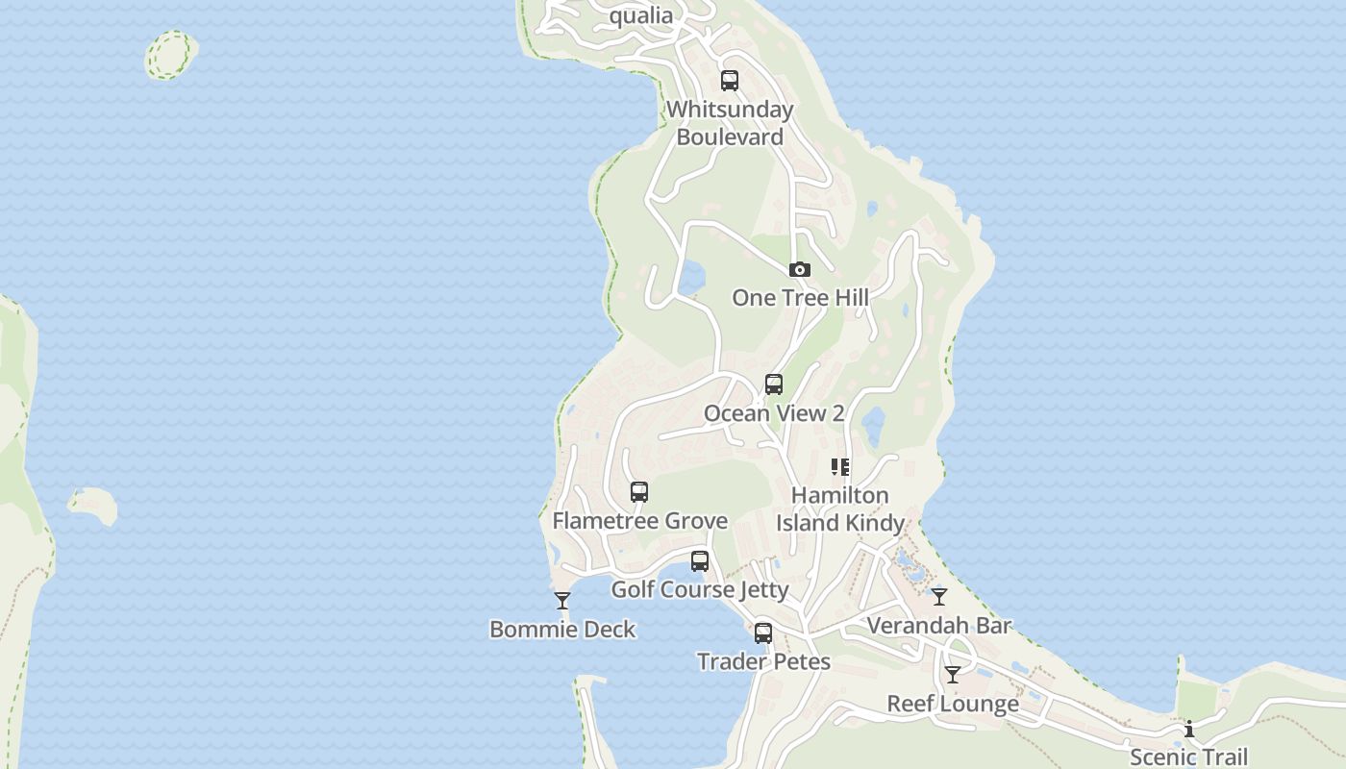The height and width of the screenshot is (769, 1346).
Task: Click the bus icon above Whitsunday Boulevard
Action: pyautogui.click(x=730, y=81)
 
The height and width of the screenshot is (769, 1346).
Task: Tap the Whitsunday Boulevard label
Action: pyautogui.click(x=731, y=123)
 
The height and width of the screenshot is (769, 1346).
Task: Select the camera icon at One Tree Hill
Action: pyautogui.click(x=799, y=270)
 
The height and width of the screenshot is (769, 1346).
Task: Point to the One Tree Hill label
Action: pyautogui.click(x=800, y=298)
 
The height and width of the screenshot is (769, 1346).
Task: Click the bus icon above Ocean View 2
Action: pyautogui.click(x=774, y=384)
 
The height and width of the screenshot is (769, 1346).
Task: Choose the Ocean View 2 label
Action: pyautogui.click(x=774, y=413)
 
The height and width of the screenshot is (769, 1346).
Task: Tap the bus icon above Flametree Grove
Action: pyautogui.click(x=639, y=492)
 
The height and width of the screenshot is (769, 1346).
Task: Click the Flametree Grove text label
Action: pyautogui.click(x=639, y=521)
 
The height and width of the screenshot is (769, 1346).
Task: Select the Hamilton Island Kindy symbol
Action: pyautogui.click(x=840, y=467)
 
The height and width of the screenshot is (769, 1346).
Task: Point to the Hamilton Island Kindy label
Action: pyautogui.click(x=840, y=509)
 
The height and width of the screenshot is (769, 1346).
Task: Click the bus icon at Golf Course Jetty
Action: pyautogui.click(x=700, y=561)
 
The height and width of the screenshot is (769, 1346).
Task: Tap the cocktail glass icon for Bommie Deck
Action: pyautogui.click(x=562, y=601)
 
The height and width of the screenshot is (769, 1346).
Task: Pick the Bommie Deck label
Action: pyautogui.click(x=562, y=630)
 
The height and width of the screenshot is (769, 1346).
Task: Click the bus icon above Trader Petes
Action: pyautogui.click(x=763, y=633)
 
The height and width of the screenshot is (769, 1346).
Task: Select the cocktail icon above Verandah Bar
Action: pyautogui.click(x=939, y=597)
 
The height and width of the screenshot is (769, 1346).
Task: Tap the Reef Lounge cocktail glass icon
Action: pyautogui.click(x=952, y=675)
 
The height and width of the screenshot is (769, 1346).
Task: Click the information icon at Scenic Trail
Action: pyautogui.click(x=1189, y=729)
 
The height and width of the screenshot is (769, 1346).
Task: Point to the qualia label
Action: pyautogui.click(x=641, y=15)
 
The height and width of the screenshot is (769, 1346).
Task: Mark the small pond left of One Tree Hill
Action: pyautogui.click(x=690, y=277)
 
